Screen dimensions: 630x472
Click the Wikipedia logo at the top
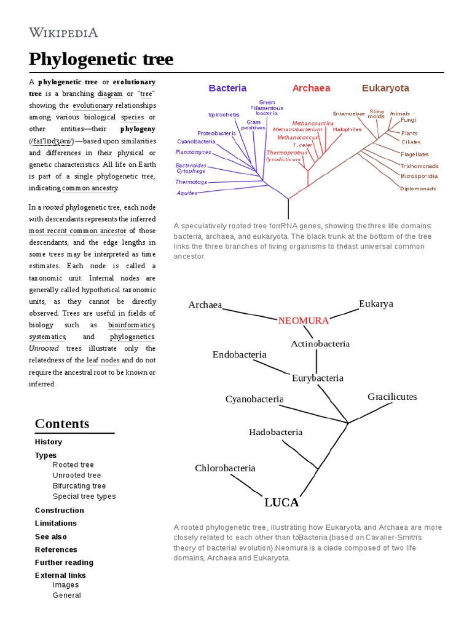tap(63, 33)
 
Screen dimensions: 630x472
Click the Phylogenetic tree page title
tap(101, 60)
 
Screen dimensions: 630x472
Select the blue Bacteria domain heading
tap(227, 88)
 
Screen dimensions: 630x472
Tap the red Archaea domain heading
tap(311, 88)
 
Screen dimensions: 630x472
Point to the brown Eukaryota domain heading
tap(385, 88)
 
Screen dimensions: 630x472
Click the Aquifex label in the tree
tap(187, 193)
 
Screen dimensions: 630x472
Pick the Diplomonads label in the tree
tap(418, 188)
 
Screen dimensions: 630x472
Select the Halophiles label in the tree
tap(347, 129)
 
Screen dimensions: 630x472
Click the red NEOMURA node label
tap(304, 321)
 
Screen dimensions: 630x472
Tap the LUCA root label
tap(281, 503)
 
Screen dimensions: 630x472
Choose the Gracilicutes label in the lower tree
tap(392, 397)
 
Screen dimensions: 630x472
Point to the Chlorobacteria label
tap(225, 468)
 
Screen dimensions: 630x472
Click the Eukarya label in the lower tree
tap(376, 304)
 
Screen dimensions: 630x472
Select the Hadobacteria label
tap(275, 432)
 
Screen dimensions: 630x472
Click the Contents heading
tap(62, 423)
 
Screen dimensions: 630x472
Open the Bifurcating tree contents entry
tap(79, 486)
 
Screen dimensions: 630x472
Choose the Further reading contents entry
tap(64, 562)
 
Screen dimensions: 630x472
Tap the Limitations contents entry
tap(56, 524)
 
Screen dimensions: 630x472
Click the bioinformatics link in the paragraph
tap(131, 325)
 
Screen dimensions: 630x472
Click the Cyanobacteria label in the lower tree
tap(254, 399)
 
